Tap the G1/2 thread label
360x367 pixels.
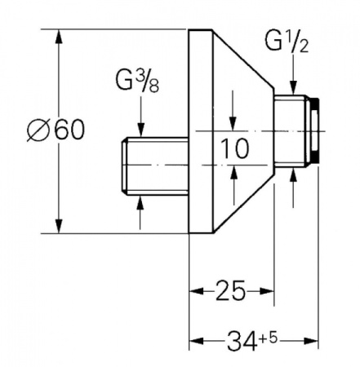pyautogui.click(x=287, y=42)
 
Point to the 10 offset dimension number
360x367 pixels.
pyautogui.click(x=235, y=148)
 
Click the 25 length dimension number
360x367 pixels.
pyautogui.click(x=230, y=291)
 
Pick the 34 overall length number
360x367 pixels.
pyautogui.click(x=242, y=340)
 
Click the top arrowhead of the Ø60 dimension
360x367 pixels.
pyautogui.click(x=59, y=36)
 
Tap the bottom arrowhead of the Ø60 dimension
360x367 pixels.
pyautogui.click(x=59, y=226)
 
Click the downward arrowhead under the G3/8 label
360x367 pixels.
pyautogui.click(x=140, y=130)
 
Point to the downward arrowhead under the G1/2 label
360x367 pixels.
pyautogui.click(x=293, y=87)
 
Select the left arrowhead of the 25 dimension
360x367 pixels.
pyautogui.click(x=196, y=291)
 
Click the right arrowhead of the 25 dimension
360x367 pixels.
pyautogui.click(x=267, y=291)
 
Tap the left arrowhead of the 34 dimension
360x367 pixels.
pyautogui.click(x=196, y=340)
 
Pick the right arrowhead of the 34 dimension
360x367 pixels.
pyautogui.click(x=311, y=340)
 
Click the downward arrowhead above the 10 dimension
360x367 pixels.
pyautogui.click(x=233, y=124)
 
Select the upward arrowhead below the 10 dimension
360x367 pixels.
pyautogui.click(x=233, y=172)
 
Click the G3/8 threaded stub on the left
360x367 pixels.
pyautogui.click(x=154, y=166)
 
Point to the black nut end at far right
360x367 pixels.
pyautogui.click(x=315, y=131)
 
